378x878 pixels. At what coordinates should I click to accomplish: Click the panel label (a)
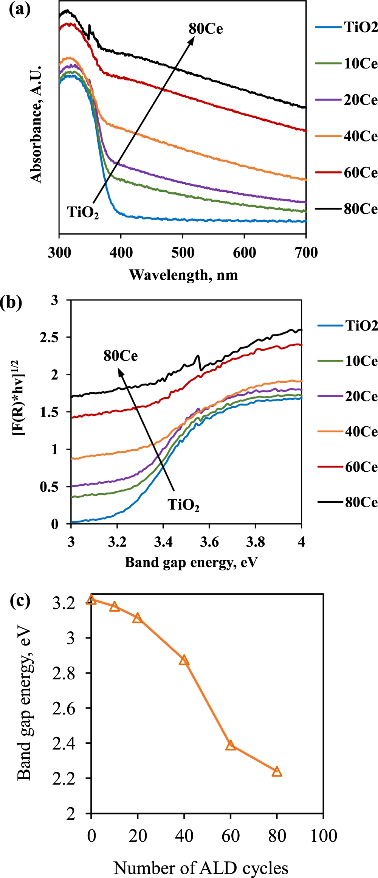pos(20,9)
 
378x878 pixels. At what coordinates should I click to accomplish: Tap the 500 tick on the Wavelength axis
pos(183,252)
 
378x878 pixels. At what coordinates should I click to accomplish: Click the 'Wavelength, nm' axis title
pos(183,275)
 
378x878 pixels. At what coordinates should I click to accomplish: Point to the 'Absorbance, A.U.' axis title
pos(36,125)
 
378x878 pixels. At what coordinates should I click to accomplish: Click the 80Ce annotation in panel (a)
pos(206,29)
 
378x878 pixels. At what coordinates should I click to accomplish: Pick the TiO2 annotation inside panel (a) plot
pos(83,213)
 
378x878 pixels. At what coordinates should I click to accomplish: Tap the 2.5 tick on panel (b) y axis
pos(50,337)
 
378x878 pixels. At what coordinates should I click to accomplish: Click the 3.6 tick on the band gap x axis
pos(209,542)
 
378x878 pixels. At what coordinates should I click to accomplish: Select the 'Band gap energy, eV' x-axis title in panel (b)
pos(191,563)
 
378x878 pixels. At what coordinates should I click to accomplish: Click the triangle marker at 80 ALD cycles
pos(277,772)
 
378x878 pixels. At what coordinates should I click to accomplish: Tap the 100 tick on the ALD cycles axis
pos(324,836)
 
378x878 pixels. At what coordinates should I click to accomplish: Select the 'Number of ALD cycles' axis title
pos(201,868)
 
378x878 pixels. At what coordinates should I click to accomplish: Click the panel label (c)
pos(20,601)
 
